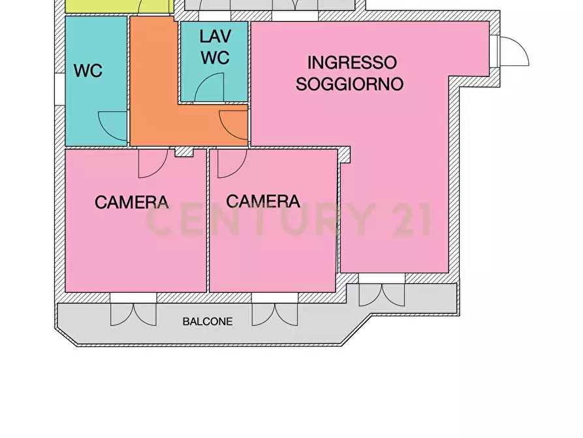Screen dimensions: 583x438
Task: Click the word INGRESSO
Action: [352, 63]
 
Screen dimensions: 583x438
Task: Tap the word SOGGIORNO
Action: [349, 84]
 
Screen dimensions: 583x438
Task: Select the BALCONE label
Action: [208, 322]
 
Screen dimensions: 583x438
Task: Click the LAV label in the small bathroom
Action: [215, 37]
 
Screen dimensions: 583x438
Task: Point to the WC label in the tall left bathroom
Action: [87, 71]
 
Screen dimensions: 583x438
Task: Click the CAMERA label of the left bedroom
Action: [132, 202]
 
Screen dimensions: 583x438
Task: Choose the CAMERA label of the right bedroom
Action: [263, 201]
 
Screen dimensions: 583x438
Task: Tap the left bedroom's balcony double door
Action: [133, 314]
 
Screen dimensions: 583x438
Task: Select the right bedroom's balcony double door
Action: [274, 314]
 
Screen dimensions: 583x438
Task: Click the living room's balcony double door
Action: [382, 295]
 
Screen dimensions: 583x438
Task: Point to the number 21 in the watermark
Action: [411, 220]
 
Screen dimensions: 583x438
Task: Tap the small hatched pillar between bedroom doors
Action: [184, 152]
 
